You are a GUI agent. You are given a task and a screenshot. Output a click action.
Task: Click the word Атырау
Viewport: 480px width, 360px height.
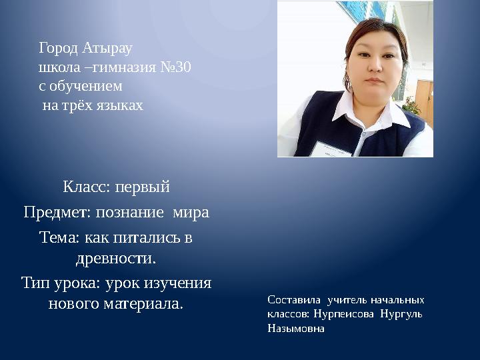107,49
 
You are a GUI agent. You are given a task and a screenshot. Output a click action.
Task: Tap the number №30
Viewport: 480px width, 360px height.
176,67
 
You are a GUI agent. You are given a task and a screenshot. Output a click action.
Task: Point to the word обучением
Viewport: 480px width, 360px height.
86,86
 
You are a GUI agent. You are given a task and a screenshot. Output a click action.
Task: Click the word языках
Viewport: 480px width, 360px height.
120,105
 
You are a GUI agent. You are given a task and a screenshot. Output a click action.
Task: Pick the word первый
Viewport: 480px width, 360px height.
143,187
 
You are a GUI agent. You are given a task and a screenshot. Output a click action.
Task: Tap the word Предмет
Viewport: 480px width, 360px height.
57,212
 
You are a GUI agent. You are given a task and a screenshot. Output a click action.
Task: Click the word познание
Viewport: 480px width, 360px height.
130,213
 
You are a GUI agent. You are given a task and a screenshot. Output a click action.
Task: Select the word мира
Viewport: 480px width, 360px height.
191,213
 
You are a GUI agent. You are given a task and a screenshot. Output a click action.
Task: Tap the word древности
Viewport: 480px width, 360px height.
116,259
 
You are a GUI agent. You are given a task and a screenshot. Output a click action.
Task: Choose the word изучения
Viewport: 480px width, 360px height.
177,283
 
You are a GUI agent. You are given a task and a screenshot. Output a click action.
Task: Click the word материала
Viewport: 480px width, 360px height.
143,304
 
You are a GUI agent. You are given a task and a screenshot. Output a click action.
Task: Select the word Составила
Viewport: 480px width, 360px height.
294,300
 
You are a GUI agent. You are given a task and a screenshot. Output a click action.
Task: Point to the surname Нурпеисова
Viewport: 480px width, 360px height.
343,315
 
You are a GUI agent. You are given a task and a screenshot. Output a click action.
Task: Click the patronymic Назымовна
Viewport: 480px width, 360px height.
296,329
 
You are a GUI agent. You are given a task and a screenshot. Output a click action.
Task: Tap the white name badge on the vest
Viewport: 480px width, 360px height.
332,149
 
